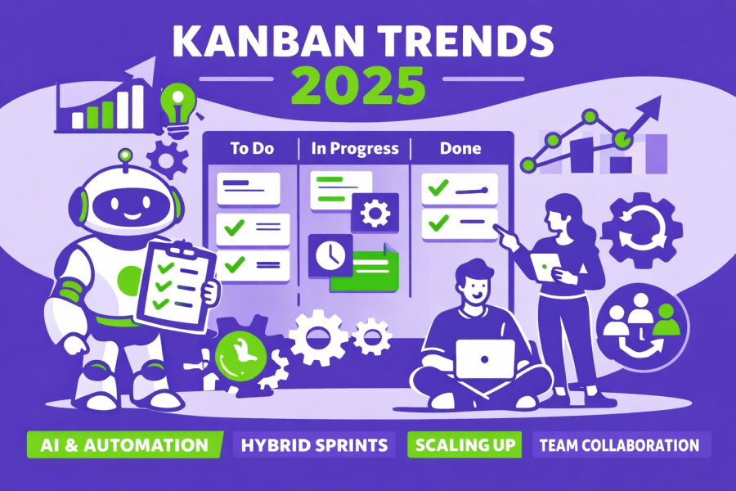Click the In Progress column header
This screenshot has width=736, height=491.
[355, 149]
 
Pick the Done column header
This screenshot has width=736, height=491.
[460, 149]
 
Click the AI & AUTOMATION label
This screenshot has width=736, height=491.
[124, 445]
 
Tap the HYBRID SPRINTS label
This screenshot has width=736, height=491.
[315, 445]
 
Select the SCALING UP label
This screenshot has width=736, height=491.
[464, 445]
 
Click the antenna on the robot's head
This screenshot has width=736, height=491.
[124, 155]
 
